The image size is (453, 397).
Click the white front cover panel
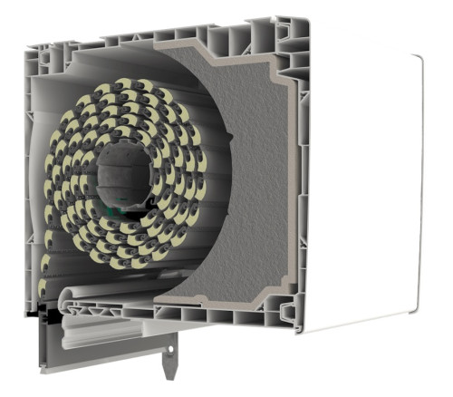362,190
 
